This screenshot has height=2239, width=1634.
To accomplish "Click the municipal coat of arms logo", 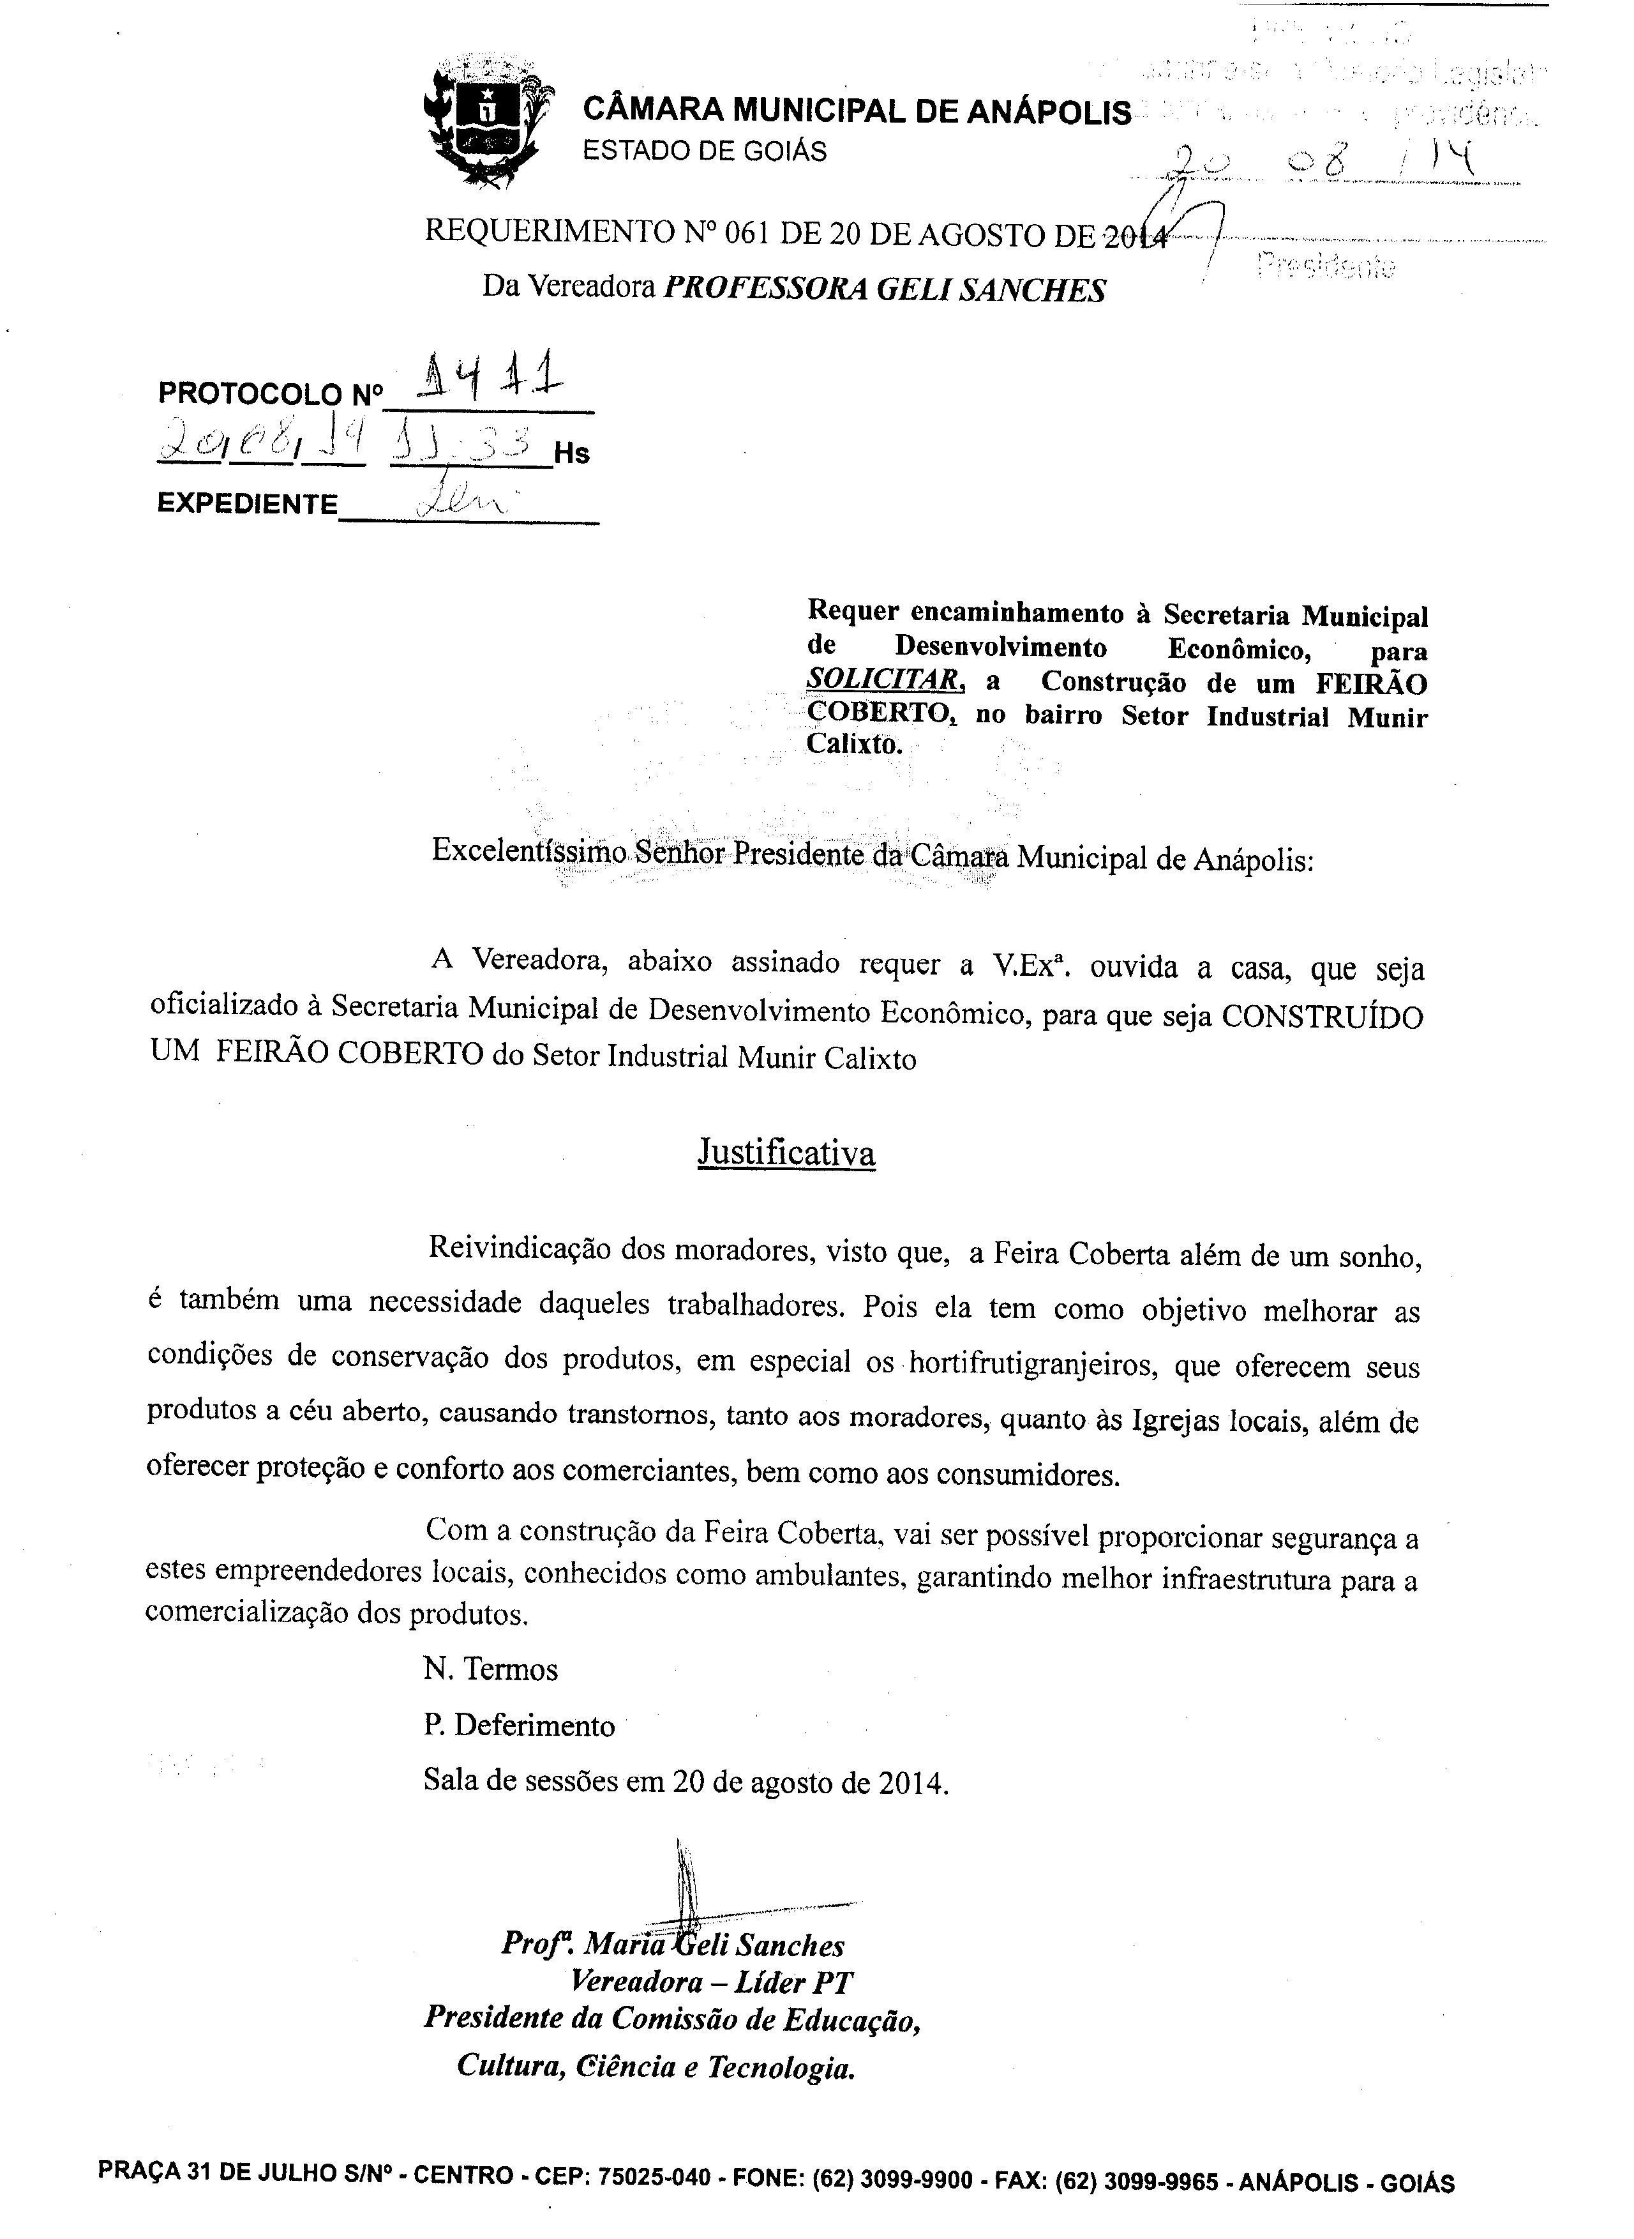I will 483,122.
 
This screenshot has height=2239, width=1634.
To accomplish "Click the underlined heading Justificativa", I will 786,1151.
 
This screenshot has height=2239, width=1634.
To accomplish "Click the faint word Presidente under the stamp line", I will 1326,266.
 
